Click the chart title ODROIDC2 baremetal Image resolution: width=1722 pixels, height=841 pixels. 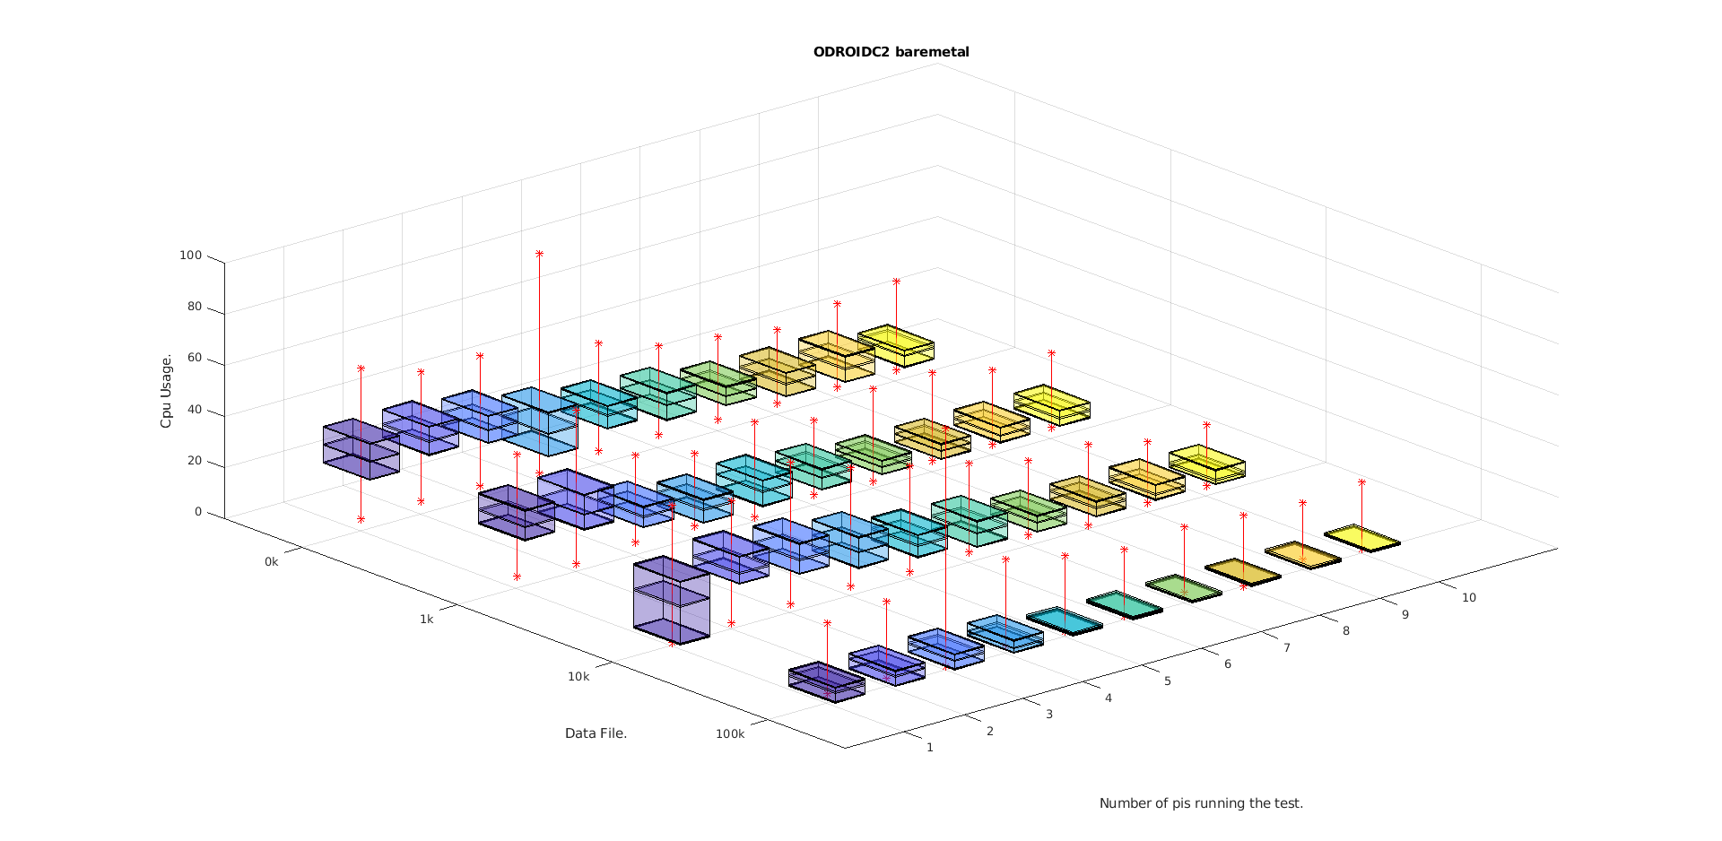(891, 52)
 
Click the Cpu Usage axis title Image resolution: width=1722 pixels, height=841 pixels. (166, 391)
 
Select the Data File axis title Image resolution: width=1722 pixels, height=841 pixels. (596, 733)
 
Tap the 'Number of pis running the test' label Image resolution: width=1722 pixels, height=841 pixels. (1201, 803)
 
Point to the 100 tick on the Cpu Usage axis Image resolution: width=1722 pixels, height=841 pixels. (191, 256)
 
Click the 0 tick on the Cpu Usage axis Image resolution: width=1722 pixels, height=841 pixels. (198, 512)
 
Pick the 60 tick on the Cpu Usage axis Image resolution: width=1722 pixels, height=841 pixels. (195, 359)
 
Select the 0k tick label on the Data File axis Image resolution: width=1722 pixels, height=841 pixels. (272, 562)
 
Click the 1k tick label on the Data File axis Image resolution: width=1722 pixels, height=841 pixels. (426, 619)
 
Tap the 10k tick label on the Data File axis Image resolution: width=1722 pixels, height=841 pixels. (578, 676)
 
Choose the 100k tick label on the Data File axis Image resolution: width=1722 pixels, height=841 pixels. (730, 733)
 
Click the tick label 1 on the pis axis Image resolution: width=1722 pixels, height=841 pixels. (930, 747)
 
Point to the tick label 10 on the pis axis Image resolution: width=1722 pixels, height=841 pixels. (1468, 597)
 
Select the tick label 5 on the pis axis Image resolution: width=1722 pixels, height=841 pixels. (1168, 681)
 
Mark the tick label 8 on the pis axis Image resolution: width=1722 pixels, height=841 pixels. (1346, 630)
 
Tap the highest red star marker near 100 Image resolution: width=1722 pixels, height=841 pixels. (539, 254)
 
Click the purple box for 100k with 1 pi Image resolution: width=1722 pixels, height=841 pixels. (827, 682)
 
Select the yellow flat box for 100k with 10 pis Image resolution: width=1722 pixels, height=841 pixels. (1362, 538)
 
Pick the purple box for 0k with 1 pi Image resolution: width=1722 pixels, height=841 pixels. (361, 448)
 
